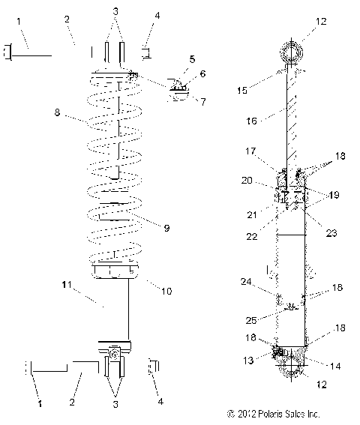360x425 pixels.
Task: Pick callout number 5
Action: pyautogui.click(x=191, y=58)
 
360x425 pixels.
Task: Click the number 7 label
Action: pyautogui.click(x=202, y=101)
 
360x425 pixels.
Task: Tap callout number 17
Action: pyautogui.click(x=251, y=151)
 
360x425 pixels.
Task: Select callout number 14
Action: pyautogui.click(x=333, y=365)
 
